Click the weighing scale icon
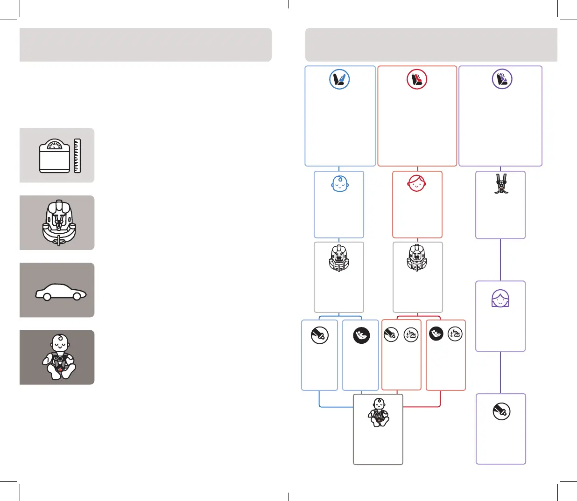tap(55, 156)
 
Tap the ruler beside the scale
tap(77, 156)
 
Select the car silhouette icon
tap(61, 292)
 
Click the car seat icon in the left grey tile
tap(58, 223)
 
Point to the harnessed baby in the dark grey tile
tap(59, 357)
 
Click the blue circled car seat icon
tap(339, 79)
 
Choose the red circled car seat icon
tap(417, 79)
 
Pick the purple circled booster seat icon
tap(502, 79)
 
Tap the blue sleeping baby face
tap(340, 184)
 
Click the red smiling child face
tap(417, 183)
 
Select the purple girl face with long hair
tap(500, 298)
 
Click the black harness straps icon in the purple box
tap(501, 184)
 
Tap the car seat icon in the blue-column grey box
tap(339, 258)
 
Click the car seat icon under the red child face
tap(417, 258)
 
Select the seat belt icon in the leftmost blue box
tap(320, 335)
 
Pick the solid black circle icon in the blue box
tap(361, 335)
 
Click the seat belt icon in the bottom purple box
tap(501, 411)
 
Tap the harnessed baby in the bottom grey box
tap(378, 413)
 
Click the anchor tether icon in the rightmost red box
tap(455, 334)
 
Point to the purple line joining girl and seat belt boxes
tap(500, 372)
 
